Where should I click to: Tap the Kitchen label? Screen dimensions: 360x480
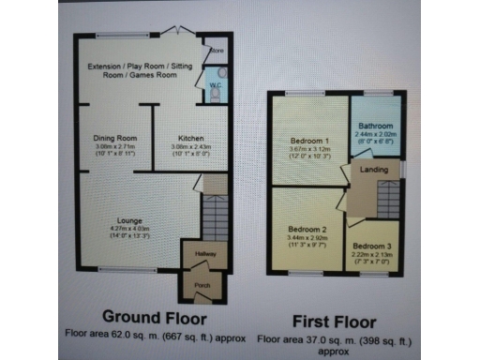point(179,139)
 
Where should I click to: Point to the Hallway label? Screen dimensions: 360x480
point(206,254)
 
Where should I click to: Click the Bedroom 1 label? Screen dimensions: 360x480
point(307,142)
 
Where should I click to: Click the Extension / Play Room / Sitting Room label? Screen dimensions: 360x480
point(132,71)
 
